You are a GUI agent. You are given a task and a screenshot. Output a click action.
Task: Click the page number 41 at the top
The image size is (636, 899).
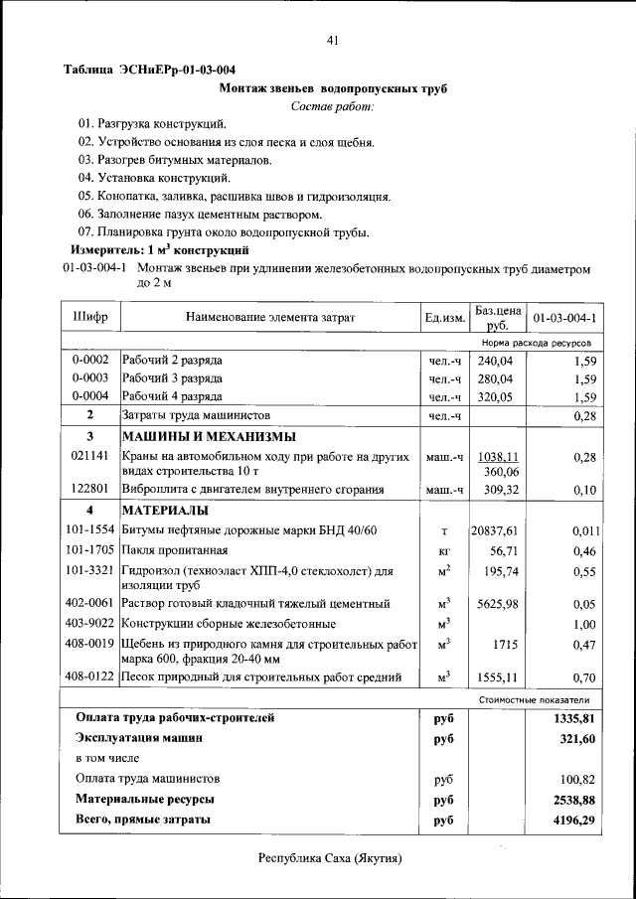coord(332,40)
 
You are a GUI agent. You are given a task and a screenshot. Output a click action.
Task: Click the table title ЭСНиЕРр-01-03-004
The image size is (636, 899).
coord(149,70)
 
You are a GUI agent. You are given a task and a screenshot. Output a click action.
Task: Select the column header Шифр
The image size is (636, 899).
coord(90,317)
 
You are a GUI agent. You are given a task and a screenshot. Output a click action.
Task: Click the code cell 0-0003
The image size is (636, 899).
coord(90,378)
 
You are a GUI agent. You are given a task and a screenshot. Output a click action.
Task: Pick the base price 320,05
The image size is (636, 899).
coord(496,396)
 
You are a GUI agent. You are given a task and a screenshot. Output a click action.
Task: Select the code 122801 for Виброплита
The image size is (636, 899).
coord(90,489)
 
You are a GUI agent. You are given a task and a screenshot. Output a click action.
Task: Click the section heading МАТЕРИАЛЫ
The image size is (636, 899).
coord(165,511)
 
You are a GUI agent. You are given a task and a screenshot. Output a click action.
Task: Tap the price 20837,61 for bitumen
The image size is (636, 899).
coord(496,530)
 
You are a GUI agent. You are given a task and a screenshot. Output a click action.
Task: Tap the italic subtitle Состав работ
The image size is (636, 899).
coord(333,106)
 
